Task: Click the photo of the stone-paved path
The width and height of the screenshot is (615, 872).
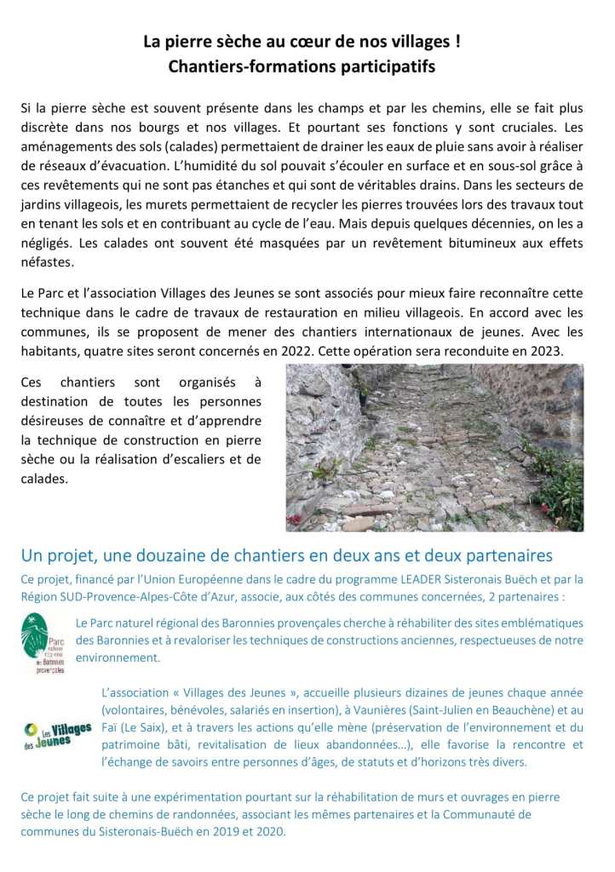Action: click(434, 448)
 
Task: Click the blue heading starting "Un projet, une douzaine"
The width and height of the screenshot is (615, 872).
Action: click(286, 556)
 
